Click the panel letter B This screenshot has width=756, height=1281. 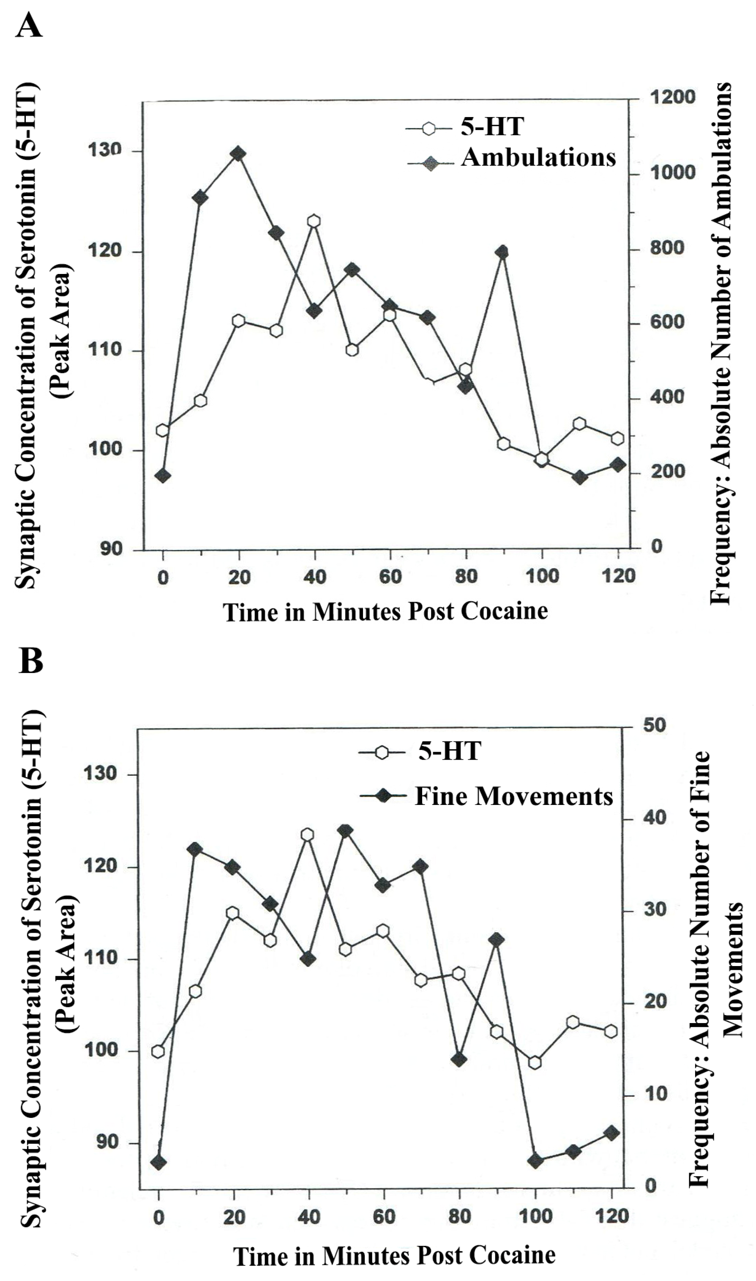coord(30,661)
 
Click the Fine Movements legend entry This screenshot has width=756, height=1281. coord(513,796)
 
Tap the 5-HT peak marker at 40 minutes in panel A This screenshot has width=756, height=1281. coord(314,221)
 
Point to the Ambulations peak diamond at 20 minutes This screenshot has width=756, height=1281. coord(238,153)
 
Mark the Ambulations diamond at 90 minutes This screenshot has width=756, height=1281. coord(503,252)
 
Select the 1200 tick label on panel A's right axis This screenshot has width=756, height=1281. coord(672,97)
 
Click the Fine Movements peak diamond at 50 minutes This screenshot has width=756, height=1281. coord(345,831)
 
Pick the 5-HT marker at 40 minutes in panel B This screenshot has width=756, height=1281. coord(307,835)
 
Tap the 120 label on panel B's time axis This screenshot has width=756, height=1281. coord(611,1216)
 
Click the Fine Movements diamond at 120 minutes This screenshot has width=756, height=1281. coord(611,1133)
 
